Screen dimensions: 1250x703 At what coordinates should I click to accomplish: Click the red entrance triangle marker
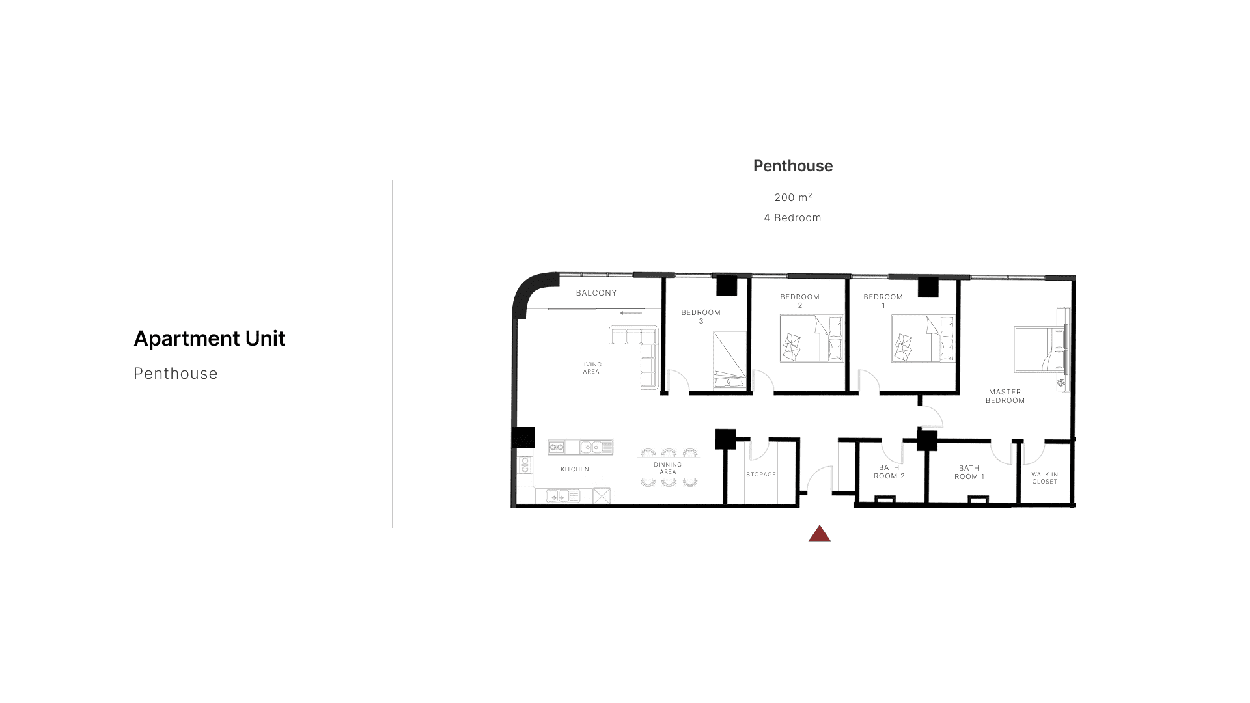820,534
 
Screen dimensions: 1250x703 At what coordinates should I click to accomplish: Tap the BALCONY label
596,293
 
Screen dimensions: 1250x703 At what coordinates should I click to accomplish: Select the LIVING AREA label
591,368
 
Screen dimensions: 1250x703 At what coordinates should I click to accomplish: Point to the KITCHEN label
575,469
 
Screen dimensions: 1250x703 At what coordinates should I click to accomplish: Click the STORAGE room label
761,475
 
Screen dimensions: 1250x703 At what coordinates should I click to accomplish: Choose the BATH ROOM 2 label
889,472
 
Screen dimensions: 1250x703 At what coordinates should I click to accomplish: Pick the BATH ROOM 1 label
969,473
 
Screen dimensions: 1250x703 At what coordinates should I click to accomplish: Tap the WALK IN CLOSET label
1045,478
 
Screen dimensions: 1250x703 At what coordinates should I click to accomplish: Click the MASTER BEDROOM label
1005,396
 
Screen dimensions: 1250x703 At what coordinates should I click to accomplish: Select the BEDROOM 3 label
701,317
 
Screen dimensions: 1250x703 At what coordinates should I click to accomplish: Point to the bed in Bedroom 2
812,338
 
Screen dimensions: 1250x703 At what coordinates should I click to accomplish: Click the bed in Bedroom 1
923,338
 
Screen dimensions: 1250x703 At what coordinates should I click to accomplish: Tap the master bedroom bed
1040,350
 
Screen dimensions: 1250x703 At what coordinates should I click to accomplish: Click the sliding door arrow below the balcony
631,313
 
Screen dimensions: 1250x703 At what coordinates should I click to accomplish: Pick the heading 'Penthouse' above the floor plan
793,166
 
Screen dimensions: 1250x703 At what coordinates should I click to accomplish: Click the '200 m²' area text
793,197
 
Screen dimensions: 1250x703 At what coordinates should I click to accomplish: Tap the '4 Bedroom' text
792,218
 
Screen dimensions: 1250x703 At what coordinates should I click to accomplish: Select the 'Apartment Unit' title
210,338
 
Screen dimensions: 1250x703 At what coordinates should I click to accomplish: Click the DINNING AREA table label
668,469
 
